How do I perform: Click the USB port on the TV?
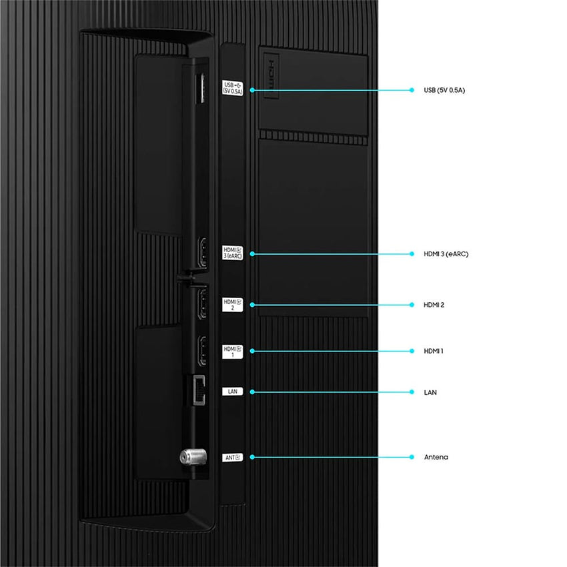point(200,88)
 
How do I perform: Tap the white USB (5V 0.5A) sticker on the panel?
point(233,88)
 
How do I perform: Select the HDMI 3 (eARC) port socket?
point(203,252)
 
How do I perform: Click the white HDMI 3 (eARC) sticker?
point(233,253)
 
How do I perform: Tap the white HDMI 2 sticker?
point(233,305)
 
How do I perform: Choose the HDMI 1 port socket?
point(203,350)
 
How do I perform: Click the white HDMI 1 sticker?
point(233,352)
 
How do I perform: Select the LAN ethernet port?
point(199,390)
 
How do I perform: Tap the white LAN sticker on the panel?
point(233,392)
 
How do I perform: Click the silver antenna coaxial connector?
point(193,457)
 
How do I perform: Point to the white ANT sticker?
point(233,458)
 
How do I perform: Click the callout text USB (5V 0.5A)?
point(444,90)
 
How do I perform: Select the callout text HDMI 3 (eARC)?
point(446,254)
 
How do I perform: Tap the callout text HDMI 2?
point(434,305)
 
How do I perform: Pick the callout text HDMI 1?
point(433,351)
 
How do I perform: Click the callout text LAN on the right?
point(430,392)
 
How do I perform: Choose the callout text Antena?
point(436,457)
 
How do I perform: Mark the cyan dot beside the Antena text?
point(412,457)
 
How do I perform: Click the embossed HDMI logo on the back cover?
point(271,75)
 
